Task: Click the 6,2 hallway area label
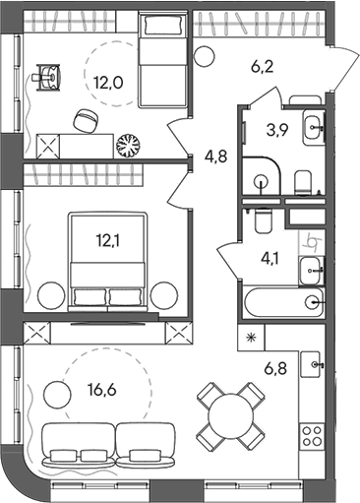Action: point(262,69)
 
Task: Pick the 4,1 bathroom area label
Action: point(269,262)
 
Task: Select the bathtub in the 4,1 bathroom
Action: point(282,302)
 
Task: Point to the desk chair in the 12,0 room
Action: point(86,119)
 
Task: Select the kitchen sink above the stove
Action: point(314,364)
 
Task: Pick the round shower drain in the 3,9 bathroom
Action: point(262,180)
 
